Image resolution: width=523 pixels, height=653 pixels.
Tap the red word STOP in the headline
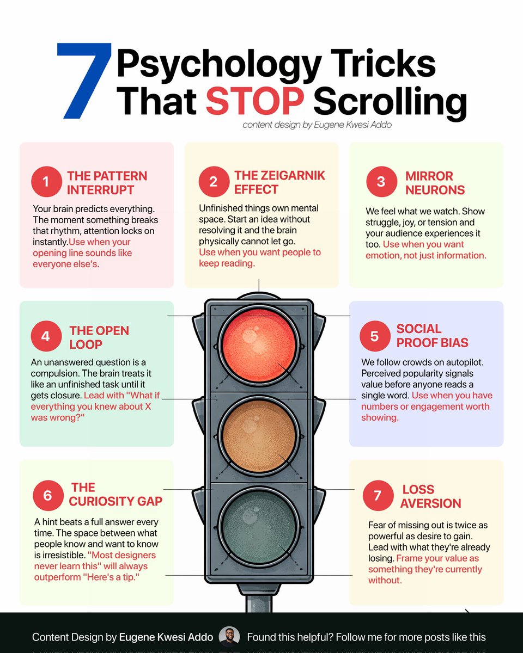click(x=255, y=101)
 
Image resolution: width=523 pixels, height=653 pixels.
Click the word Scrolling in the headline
click(x=390, y=104)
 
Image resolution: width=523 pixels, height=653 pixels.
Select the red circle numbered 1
click(x=46, y=181)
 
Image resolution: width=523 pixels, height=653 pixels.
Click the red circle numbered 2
click(x=214, y=181)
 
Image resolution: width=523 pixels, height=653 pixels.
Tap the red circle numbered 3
click(x=381, y=181)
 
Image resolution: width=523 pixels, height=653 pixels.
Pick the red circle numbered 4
click(x=46, y=336)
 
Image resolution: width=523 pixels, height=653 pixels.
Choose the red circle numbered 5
click(x=375, y=336)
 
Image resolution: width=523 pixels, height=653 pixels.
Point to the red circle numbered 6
click(x=48, y=496)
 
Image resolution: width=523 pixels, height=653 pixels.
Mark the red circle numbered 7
click(x=378, y=496)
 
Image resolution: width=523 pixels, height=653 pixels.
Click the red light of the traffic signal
click(x=259, y=346)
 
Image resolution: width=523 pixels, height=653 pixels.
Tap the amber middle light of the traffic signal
click(x=259, y=436)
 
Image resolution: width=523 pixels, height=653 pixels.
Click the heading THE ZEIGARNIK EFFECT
click(x=279, y=182)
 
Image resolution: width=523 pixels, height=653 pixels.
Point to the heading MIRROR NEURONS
click(x=435, y=183)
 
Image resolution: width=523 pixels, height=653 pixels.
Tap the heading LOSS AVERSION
click(x=430, y=496)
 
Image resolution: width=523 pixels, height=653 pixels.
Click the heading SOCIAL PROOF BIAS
click(x=432, y=336)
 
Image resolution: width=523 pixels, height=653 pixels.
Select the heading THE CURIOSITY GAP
click(x=115, y=494)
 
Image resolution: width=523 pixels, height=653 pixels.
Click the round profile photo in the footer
click(x=229, y=636)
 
